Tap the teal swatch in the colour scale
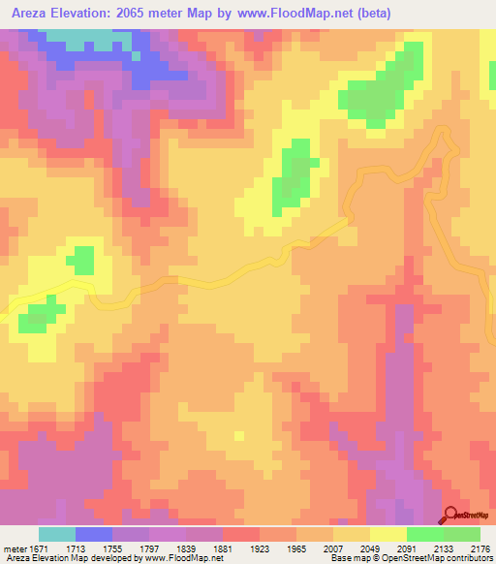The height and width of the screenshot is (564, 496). (57, 534)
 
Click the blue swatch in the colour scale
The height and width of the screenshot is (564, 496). (94, 534)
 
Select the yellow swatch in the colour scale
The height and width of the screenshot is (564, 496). (387, 534)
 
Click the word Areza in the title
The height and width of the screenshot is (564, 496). (29, 13)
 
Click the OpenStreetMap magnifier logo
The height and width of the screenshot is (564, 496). (451, 516)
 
